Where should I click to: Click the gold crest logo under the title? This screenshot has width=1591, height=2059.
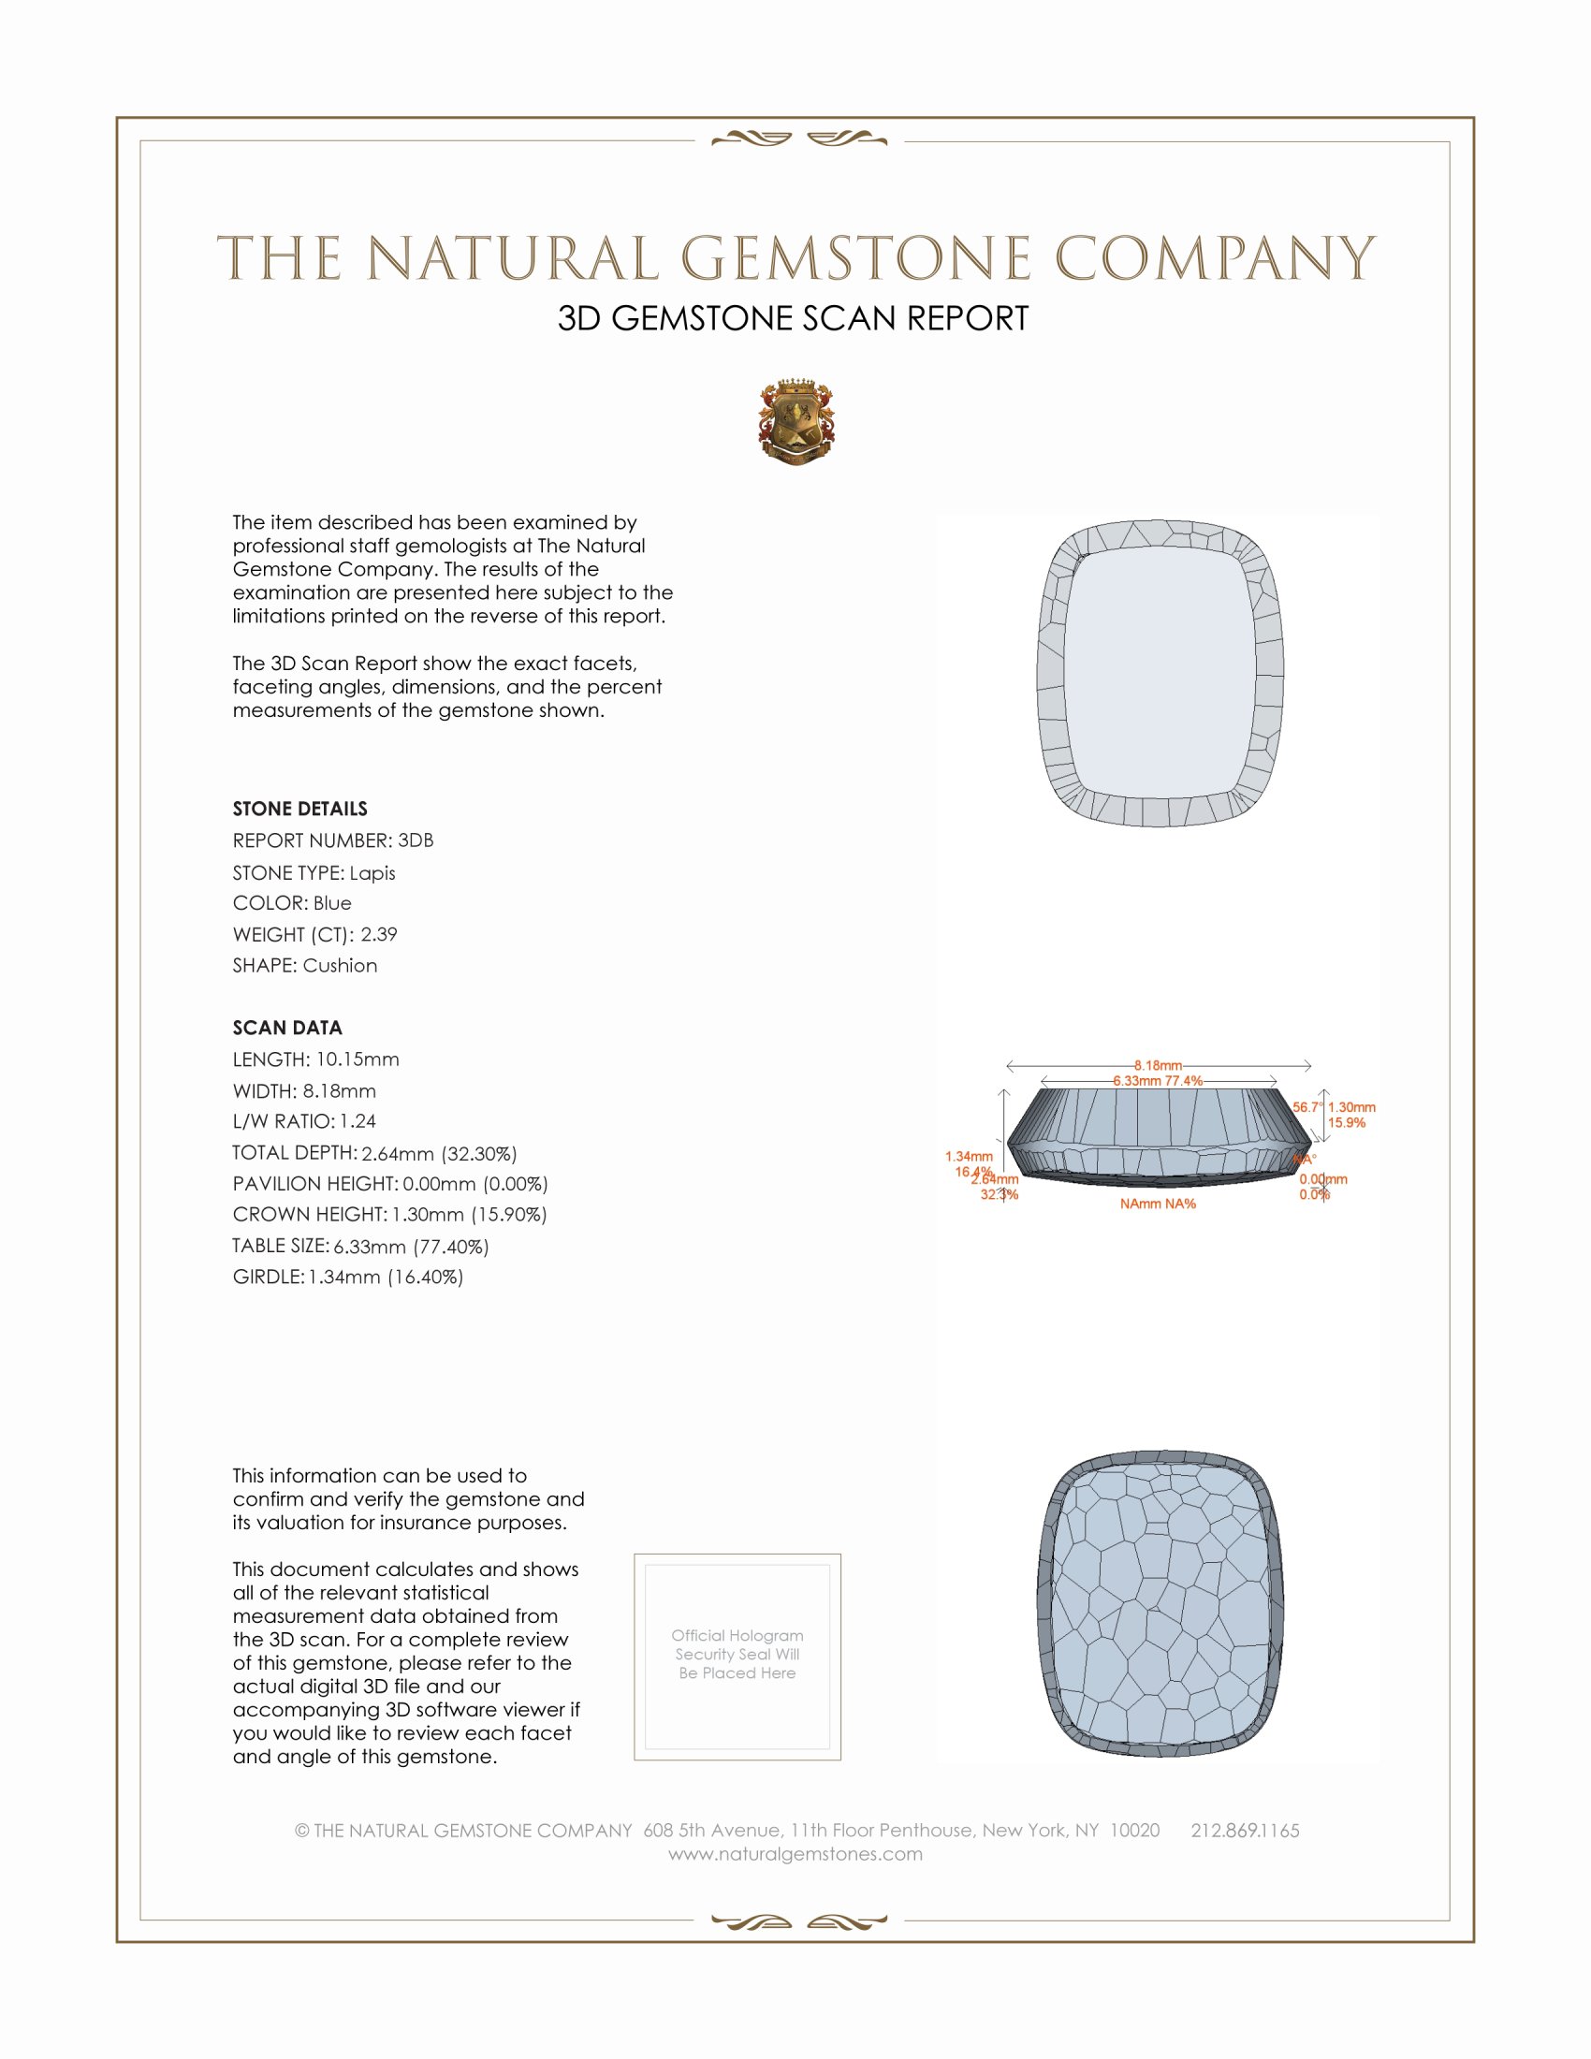[x=796, y=422]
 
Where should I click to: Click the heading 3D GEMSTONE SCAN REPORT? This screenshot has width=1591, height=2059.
[x=793, y=318]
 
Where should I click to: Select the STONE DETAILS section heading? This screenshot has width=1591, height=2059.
[x=299, y=809]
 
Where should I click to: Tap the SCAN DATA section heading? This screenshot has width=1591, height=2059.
[x=287, y=1028]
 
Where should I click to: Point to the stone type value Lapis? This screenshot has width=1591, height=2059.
[x=372, y=873]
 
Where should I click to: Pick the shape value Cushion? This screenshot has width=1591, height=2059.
[x=341, y=966]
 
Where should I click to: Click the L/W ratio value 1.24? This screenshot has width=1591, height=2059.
[x=358, y=1121]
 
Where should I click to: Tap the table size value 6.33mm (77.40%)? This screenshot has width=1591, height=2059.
[x=411, y=1247]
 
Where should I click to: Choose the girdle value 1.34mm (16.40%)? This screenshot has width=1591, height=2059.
[x=386, y=1278]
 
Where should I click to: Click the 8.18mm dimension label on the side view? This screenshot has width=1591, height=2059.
[x=1158, y=1065]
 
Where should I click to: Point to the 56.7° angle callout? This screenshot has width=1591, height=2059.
[x=1307, y=1107]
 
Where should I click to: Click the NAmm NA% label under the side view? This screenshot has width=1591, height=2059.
[x=1158, y=1204]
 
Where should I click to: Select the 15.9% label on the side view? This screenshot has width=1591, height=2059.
[x=1346, y=1123]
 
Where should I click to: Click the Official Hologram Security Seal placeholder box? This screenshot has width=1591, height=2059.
[x=737, y=1657]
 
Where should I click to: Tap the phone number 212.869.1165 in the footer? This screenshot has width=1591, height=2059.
[x=1245, y=1831]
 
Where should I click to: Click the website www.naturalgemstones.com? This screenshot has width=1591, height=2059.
[x=795, y=1854]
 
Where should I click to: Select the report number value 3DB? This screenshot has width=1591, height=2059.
[x=416, y=840]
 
